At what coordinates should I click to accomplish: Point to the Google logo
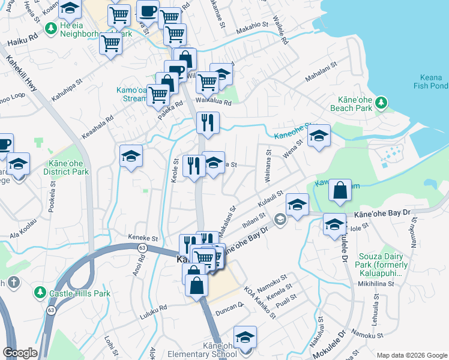tap(20, 353)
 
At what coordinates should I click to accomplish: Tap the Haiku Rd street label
tap(22, 43)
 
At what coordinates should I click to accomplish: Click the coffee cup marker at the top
tap(147, 11)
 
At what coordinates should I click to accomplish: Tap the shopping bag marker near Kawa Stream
tap(340, 190)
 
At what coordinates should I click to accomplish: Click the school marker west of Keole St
tap(131, 157)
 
